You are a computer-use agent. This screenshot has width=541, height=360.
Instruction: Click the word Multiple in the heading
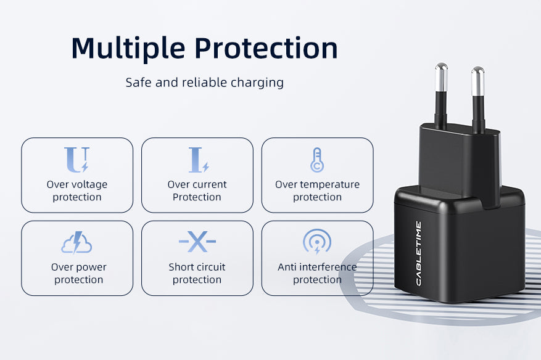coord(128,48)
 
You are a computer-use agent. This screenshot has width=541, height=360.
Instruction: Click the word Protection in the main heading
coord(266,48)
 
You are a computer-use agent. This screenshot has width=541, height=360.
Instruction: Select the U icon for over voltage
coord(77,160)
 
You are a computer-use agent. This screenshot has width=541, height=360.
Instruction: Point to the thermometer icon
coord(317,160)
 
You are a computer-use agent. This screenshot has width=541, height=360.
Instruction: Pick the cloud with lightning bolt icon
coord(76,242)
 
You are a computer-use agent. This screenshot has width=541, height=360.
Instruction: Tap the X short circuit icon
coord(197,242)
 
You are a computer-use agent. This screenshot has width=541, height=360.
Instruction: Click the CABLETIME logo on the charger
coord(418,253)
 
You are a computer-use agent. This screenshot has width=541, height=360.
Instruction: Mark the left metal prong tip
coord(441,65)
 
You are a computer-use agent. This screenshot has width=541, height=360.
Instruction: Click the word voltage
coord(89,185)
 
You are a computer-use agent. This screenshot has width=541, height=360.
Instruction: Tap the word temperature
coord(330,185)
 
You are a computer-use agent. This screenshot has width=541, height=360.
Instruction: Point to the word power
coord(91,268)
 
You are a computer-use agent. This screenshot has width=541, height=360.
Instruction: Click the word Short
coord(181,267)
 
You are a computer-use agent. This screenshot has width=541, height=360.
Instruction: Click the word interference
coord(326,267)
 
